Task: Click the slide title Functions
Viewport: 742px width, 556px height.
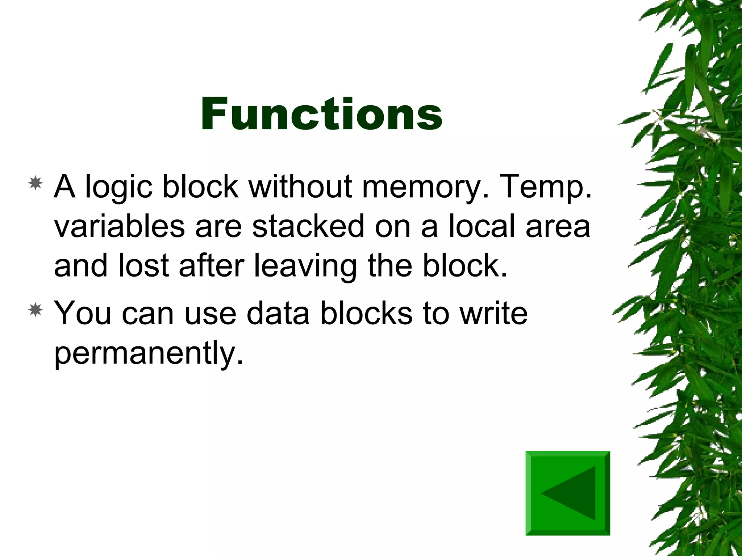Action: pyautogui.click(x=321, y=114)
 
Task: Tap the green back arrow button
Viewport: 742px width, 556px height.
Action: pyautogui.click(x=568, y=493)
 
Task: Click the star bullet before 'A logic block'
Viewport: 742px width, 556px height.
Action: pyautogui.click(x=36, y=184)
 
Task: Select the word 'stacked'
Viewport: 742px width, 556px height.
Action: pyautogui.click(x=308, y=226)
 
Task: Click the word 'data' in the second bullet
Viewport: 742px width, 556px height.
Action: pyautogui.click(x=278, y=313)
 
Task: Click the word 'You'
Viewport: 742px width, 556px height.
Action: pyautogui.click(x=82, y=313)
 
